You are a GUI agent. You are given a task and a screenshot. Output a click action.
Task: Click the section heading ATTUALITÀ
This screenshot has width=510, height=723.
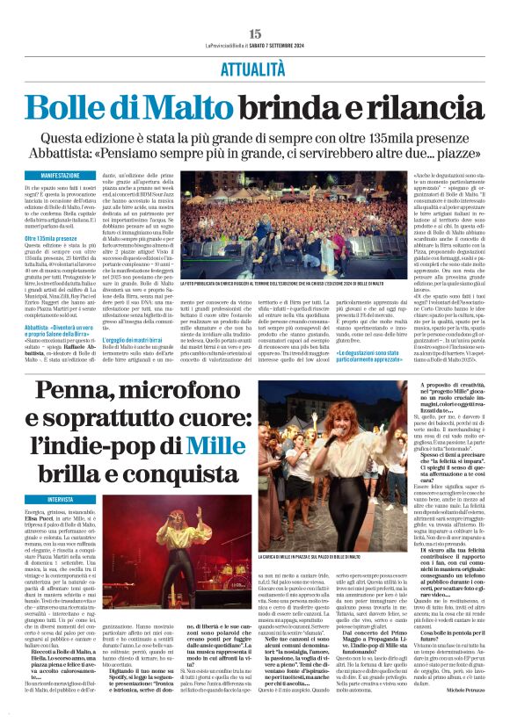point(255,65)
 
